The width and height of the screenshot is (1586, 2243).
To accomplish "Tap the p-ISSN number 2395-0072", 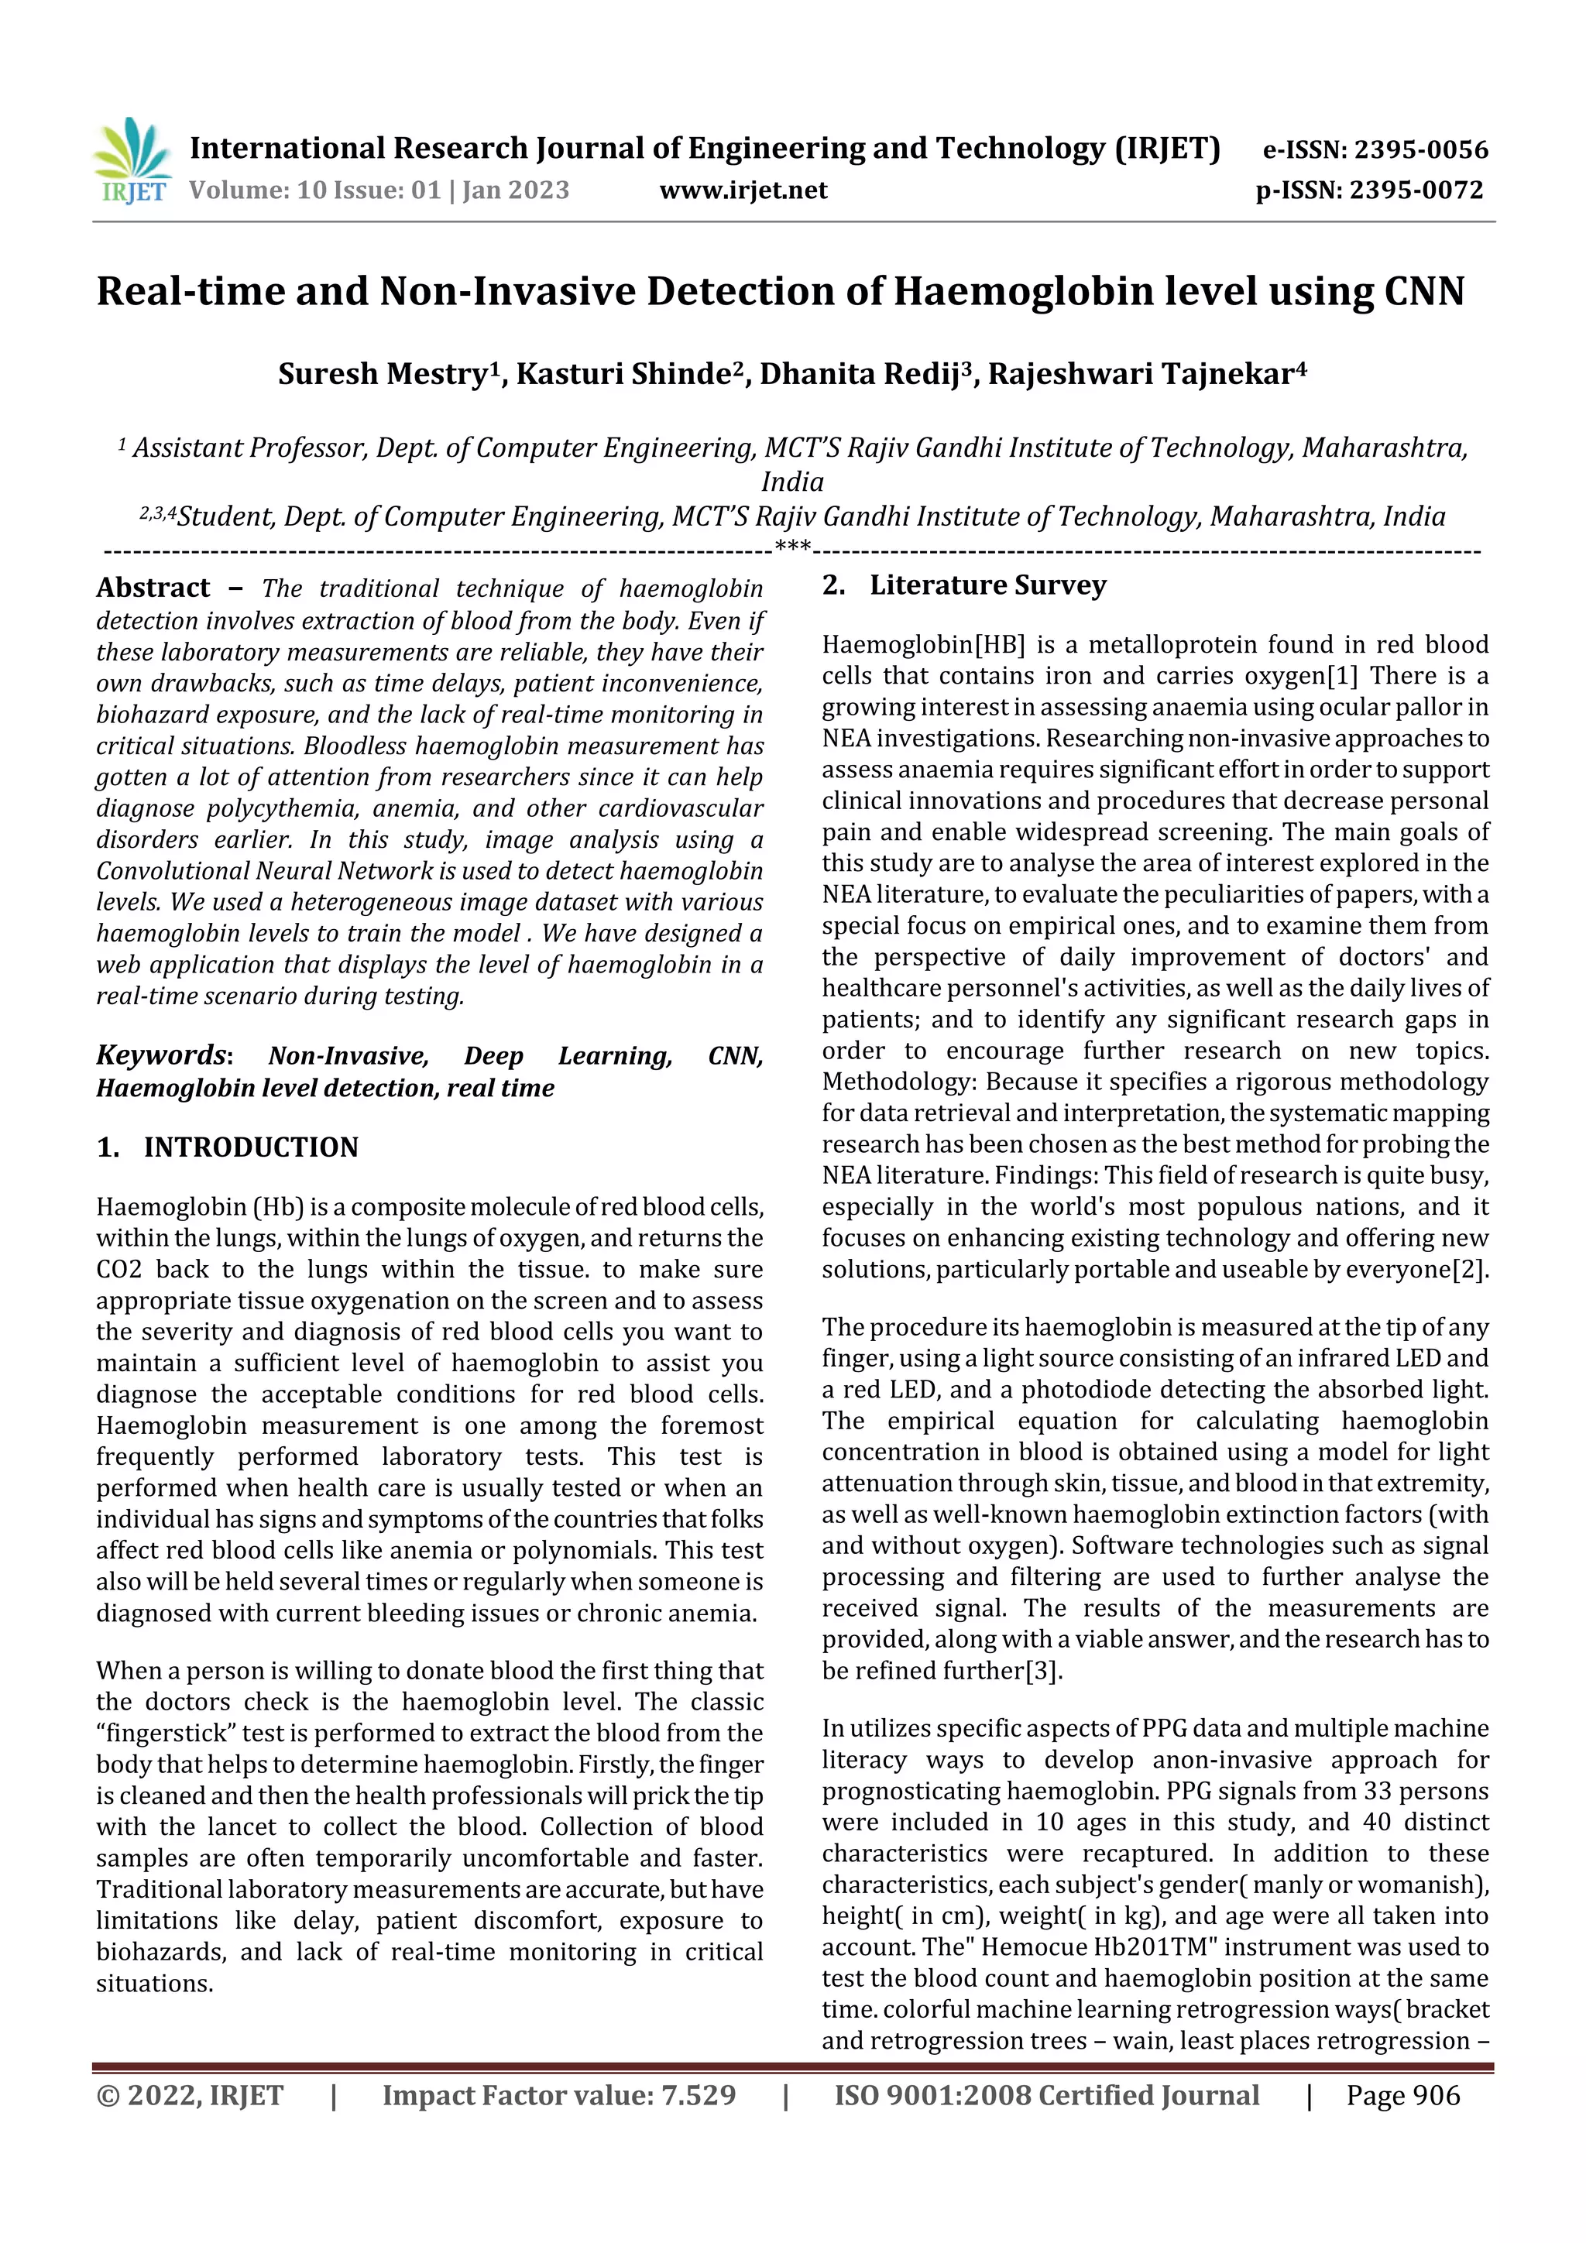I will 1416,190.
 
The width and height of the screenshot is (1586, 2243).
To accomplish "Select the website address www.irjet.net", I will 743,190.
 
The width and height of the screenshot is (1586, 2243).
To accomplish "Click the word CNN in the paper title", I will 1423,291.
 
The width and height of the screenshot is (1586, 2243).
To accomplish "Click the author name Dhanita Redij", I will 859,373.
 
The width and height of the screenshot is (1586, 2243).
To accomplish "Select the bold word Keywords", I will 161,1055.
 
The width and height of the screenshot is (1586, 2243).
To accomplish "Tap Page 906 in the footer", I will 1402,2094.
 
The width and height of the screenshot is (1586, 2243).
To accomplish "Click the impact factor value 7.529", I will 698,2094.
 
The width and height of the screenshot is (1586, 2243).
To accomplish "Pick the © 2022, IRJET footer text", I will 190,2094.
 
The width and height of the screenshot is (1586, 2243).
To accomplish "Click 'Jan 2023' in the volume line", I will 515,190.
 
